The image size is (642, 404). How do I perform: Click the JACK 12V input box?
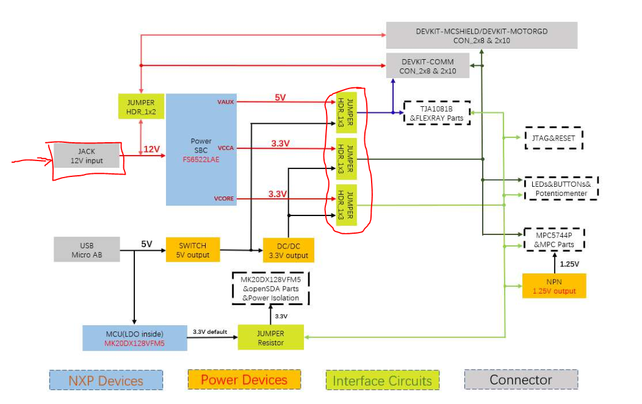click(87, 156)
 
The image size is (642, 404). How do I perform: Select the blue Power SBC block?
click(201, 150)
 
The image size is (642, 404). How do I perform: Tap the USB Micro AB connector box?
click(87, 250)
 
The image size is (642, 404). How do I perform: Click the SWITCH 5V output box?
click(192, 250)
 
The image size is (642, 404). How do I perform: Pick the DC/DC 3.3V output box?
click(288, 250)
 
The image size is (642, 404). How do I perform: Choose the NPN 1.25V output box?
click(554, 286)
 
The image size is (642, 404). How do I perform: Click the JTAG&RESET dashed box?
click(554, 138)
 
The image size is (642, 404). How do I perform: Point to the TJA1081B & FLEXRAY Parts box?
click(436, 113)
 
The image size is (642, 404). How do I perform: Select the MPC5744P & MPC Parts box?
click(554, 240)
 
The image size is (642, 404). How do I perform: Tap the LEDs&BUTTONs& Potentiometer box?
click(561, 188)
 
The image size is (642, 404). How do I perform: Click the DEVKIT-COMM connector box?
click(428, 66)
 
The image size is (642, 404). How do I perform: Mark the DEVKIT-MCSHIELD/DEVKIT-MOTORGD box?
click(482, 35)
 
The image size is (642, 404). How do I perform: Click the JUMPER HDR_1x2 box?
click(141, 107)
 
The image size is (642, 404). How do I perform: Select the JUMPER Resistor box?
click(270, 337)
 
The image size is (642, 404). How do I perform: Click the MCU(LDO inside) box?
click(134, 338)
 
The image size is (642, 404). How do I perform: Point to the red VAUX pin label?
click(225, 101)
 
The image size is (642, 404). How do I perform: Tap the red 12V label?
click(151, 149)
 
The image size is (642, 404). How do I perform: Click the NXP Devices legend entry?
click(106, 381)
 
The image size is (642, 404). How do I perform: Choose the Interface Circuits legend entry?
click(382, 381)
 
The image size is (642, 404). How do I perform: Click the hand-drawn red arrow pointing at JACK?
click(31, 161)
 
